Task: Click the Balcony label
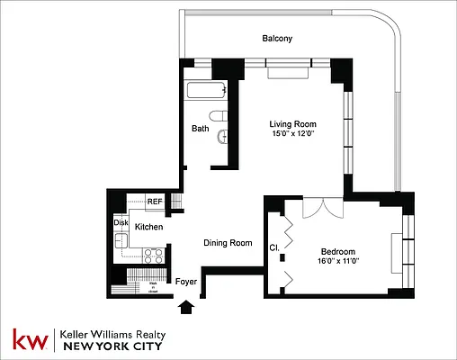[277, 39]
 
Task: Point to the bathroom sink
[224, 137]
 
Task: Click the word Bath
[200, 129]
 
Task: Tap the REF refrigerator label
[155, 202]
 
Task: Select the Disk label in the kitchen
[121, 222]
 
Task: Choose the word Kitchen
[148, 228]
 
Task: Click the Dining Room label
[227, 243]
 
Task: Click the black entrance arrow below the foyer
[186, 309]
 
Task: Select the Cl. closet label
[273, 245]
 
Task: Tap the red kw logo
[29, 339]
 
